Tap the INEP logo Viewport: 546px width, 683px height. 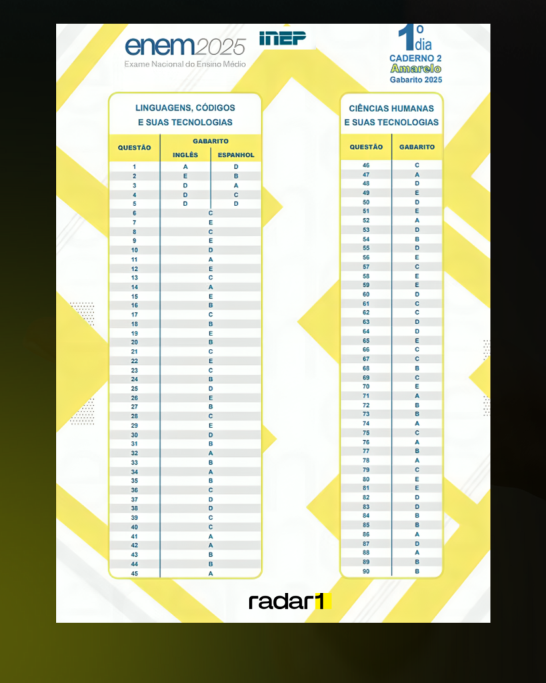pyautogui.click(x=282, y=38)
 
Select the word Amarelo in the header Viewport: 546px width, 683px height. pyautogui.click(x=416, y=69)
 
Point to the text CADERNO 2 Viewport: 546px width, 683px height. pyautogui.click(x=416, y=59)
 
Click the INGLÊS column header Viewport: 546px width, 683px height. pyautogui.click(x=185, y=155)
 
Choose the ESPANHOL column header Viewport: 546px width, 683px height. pyautogui.click(x=236, y=155)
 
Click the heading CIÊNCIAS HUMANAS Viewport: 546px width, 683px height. pyautogui.click(x=391, y=108)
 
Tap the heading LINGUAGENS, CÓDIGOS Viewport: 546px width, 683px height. pyautogui.click(x=185, y=107)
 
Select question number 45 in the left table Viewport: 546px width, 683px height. pyautogui.click(x=135, y=574)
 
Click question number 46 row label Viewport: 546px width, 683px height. pyautogui.click(x=366, y=165)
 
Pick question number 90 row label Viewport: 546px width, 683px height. pyautogui.click(x=366, y=571)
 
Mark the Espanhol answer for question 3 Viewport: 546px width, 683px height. pyautogui.click(x=236, y=185)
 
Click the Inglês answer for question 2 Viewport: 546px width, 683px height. pyautogui.click(x=185, y=176)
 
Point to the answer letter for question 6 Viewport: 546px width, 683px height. pyautogui.click(x=211, y=213)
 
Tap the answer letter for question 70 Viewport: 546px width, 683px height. pyautogui.click(x=417, y=386)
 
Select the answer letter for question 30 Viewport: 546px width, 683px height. pyautogui.click(x=211, y=435)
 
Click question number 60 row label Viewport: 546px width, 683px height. pyautogui.click(x=366, y=294)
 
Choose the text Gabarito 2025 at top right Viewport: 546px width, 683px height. pyautogui.click(x=416, y=79)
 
